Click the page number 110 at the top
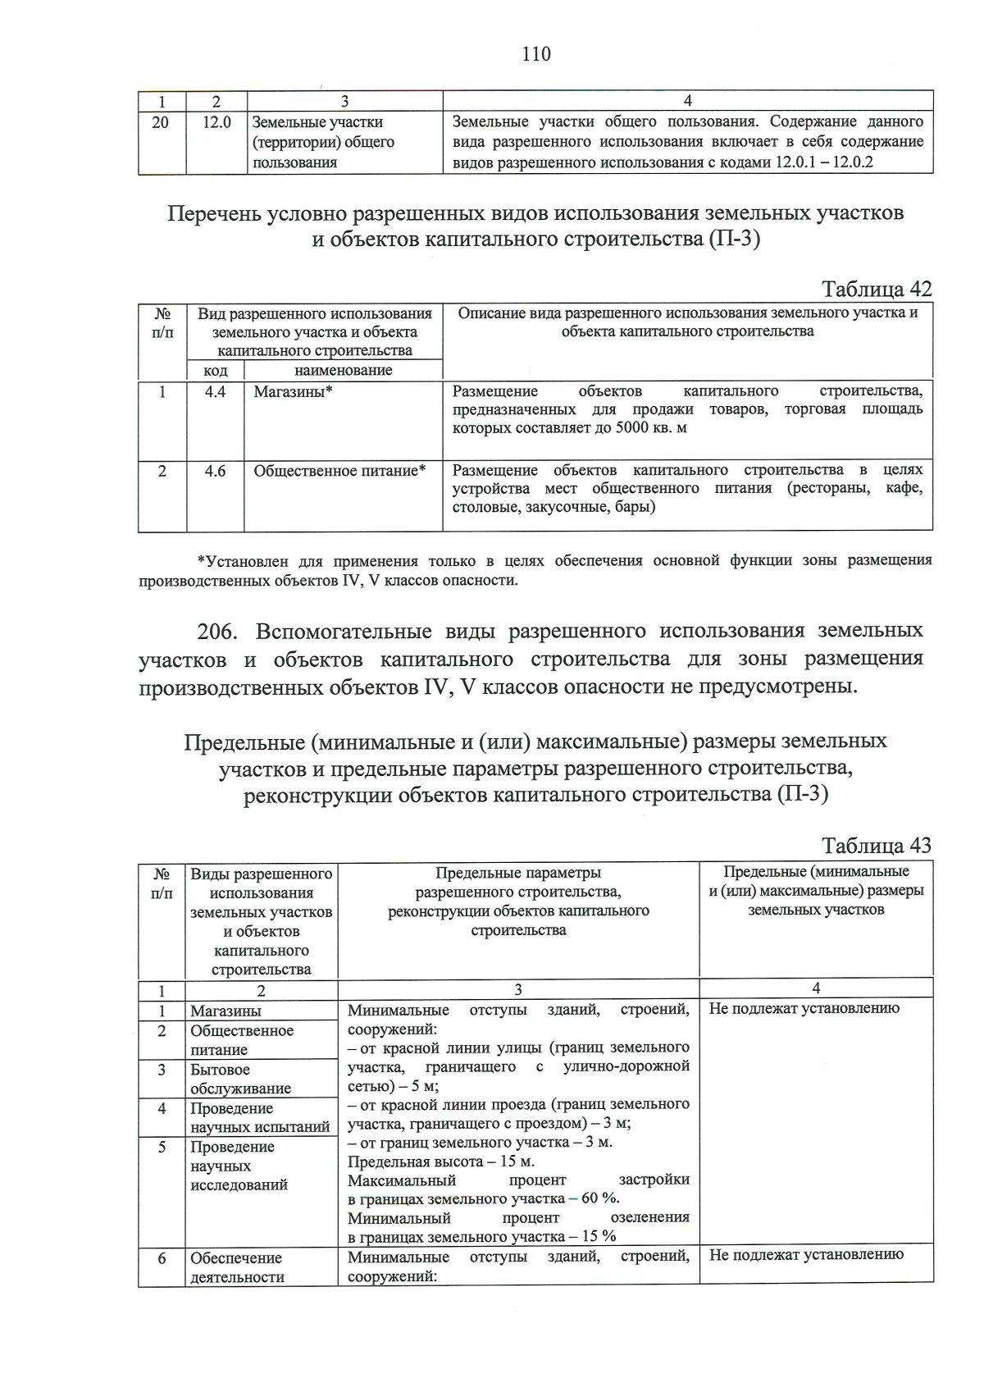(x=535, y=54)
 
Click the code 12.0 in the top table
(x=216, y=122)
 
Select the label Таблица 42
(x=877, y=289)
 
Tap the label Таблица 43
(x=877, y=846)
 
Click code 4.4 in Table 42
(x=216, y=392)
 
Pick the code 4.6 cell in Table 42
(x=216, y=471)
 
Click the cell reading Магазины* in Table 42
(x=293, y=392)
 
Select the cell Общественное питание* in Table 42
(x=339, y=471)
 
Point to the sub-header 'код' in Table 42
(x=216, y=370)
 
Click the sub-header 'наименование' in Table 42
(x=343, y=370)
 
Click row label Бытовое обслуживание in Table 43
(x=240, y=1079)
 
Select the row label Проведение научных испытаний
(x=259, y=1117)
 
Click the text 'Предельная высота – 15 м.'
(x=441, y=1162)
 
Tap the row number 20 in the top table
(x=161, y=122)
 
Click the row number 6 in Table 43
(x=162, y=1257)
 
